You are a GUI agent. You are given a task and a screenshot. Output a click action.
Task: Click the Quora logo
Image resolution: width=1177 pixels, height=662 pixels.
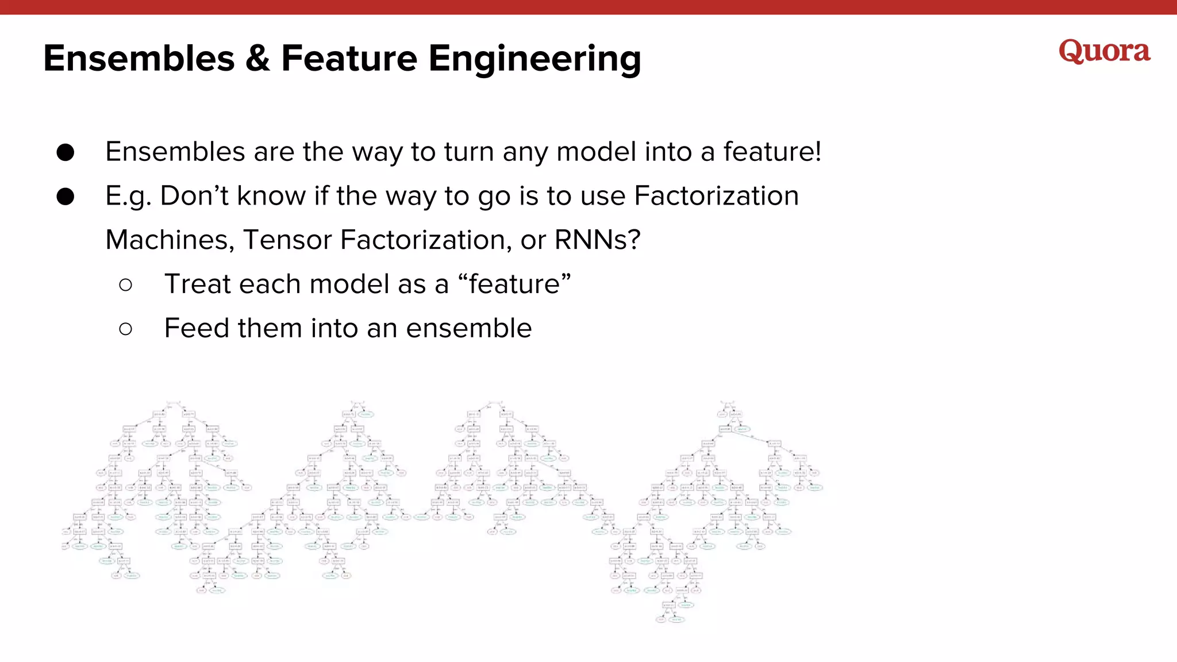click(1104, 51)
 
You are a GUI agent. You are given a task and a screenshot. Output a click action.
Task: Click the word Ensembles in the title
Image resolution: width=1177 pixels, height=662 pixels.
click(139, 59)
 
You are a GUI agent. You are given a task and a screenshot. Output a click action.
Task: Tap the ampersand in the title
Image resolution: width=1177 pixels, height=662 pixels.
click(257, 59)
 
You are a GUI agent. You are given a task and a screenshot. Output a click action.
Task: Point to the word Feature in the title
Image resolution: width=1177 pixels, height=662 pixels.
click(349, 59)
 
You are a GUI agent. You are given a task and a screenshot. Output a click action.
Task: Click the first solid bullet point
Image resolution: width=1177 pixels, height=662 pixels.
click(66, 152)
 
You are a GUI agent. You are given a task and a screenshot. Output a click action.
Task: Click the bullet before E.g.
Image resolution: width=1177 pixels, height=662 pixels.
click(66, 197)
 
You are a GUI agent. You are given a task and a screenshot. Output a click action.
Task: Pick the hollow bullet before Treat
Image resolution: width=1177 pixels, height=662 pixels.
click(126, 284)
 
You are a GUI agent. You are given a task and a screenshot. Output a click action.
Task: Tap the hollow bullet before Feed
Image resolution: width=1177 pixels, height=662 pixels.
click(126, 329)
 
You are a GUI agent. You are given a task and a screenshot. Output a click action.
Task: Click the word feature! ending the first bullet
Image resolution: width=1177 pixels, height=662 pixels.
click(772, 152)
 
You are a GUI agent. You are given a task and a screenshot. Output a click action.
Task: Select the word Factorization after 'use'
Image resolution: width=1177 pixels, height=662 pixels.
click(716, 196)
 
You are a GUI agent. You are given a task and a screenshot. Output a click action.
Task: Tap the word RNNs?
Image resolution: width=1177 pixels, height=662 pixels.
click(597, 240)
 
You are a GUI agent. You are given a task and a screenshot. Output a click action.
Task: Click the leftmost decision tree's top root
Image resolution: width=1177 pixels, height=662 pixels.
click(173, 403)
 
